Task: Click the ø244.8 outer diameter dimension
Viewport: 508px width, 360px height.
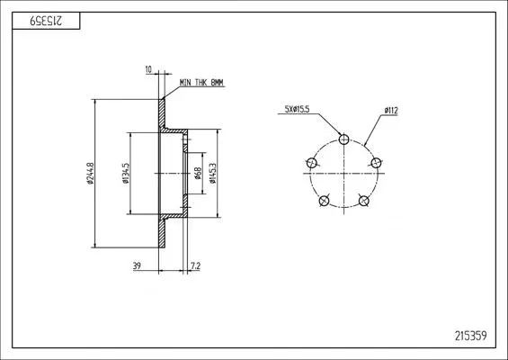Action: [91, 174]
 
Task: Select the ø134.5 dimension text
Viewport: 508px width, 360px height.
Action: [126, 174]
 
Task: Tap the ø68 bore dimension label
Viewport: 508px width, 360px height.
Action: [198, 174]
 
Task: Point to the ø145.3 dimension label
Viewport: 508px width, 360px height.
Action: [212, 174]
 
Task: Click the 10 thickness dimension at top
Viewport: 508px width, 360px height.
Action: [148, 69]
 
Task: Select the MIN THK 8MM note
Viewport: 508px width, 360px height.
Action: [201, 83]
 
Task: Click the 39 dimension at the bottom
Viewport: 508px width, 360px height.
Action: [137, 265]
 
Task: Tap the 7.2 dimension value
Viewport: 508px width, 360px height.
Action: [196, 265]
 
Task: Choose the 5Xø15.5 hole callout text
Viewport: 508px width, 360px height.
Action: [297, 109]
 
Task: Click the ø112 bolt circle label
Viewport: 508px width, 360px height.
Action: [391, 111]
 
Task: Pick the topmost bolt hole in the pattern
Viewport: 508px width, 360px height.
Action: [343, 139]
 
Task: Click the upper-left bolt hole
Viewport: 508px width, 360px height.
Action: [312, 163]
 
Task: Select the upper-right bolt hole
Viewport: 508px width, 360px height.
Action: [376, 163]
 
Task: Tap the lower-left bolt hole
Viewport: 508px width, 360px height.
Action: [324, 201]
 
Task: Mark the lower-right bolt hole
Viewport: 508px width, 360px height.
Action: [364, 201]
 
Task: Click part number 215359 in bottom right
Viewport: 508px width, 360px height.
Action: [471, 336]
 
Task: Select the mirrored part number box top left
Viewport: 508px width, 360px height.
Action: [46, 21]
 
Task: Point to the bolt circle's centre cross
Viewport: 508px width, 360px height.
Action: [343, 174]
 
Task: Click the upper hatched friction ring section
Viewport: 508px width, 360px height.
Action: [162, 113]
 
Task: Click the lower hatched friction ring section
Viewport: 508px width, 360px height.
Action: [162, 233]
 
